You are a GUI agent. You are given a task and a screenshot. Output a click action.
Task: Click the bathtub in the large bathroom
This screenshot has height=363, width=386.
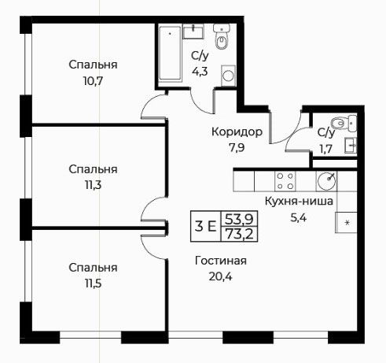(x=170, y=53)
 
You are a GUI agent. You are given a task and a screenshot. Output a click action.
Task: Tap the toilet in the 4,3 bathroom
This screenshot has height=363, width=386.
(x=222, y=36)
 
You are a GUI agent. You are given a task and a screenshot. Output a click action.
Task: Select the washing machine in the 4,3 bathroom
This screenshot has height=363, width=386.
(x=228, y=76)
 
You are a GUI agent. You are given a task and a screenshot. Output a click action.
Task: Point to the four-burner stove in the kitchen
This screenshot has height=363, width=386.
(x=285, y=181)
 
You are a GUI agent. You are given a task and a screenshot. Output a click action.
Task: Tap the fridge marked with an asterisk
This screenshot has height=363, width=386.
(x=346, y=223)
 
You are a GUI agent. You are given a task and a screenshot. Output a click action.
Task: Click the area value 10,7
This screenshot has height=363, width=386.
(x=93, y=81)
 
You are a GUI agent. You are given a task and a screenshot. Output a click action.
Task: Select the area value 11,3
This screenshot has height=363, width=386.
(x=93, y=186)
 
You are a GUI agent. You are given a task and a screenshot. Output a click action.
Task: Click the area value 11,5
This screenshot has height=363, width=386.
(x=93, y=283)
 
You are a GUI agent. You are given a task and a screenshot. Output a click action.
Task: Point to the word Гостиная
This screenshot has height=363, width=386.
(x=221, y=261)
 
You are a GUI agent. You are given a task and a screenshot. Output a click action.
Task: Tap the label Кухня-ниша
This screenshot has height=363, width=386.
(x=299, y=202)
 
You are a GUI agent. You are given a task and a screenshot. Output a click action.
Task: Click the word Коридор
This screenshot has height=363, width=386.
(x=237, y=132)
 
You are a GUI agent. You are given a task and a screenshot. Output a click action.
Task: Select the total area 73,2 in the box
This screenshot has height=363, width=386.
(x=240, y=234)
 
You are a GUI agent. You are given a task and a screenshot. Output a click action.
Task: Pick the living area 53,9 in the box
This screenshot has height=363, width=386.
(x=240, y=219)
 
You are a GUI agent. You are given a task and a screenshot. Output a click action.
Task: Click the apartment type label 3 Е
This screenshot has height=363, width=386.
(x=206, y=226)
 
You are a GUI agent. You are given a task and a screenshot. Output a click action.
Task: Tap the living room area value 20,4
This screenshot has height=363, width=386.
(x=220, y=276)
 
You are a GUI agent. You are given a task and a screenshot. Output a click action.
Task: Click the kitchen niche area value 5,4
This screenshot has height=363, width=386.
(x=299, y=217)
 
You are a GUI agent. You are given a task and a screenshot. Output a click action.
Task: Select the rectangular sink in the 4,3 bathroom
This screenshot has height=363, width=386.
(x=193, y=31)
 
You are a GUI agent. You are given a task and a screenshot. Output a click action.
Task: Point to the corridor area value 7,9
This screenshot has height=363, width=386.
(x=237, y=148)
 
